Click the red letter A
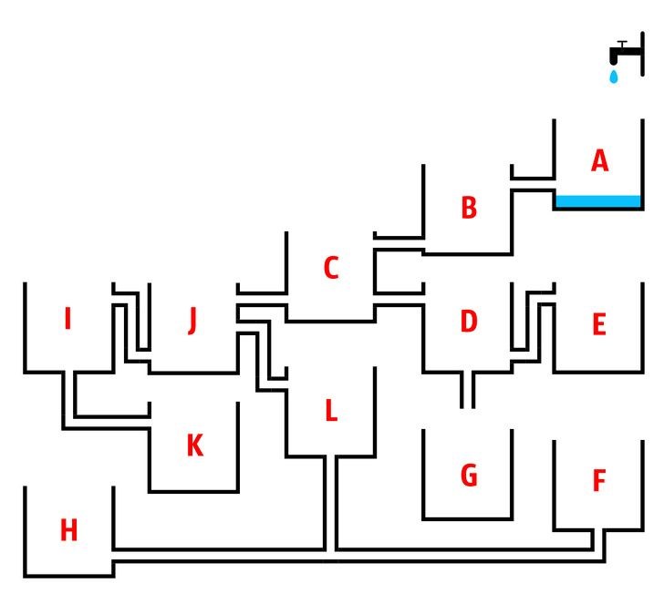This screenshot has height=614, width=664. (599, 161)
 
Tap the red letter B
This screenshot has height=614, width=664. (468, 208)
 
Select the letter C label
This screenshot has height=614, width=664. (331, 268)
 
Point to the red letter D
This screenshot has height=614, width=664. (468, 322)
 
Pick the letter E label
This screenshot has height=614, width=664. (599, 324)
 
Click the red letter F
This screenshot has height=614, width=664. (599, 481)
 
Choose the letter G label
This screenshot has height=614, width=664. (469, 476)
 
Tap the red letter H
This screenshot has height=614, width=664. (68, 530)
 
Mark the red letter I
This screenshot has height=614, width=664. (67, 320)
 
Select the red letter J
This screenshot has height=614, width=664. (192, 321)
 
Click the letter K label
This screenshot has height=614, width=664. (194, 446)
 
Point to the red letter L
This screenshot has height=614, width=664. (331, 411)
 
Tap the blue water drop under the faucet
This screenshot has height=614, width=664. (614, 77)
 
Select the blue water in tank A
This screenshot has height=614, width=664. (598, 200)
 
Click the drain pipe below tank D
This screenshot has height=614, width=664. (467, 390)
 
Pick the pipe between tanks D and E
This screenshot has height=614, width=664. (534, 323)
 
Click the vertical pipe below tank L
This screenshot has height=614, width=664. (331, 501)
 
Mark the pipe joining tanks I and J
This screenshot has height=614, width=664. (131, 323)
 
